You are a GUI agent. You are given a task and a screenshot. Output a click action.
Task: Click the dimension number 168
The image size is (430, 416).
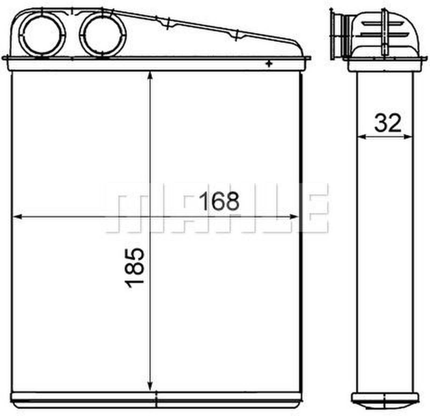[x=219, y=201]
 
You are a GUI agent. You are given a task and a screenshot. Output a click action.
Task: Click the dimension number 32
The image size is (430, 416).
[x=388, y=123]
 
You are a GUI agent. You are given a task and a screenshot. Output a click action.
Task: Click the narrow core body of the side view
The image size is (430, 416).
[x=385, y=242]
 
